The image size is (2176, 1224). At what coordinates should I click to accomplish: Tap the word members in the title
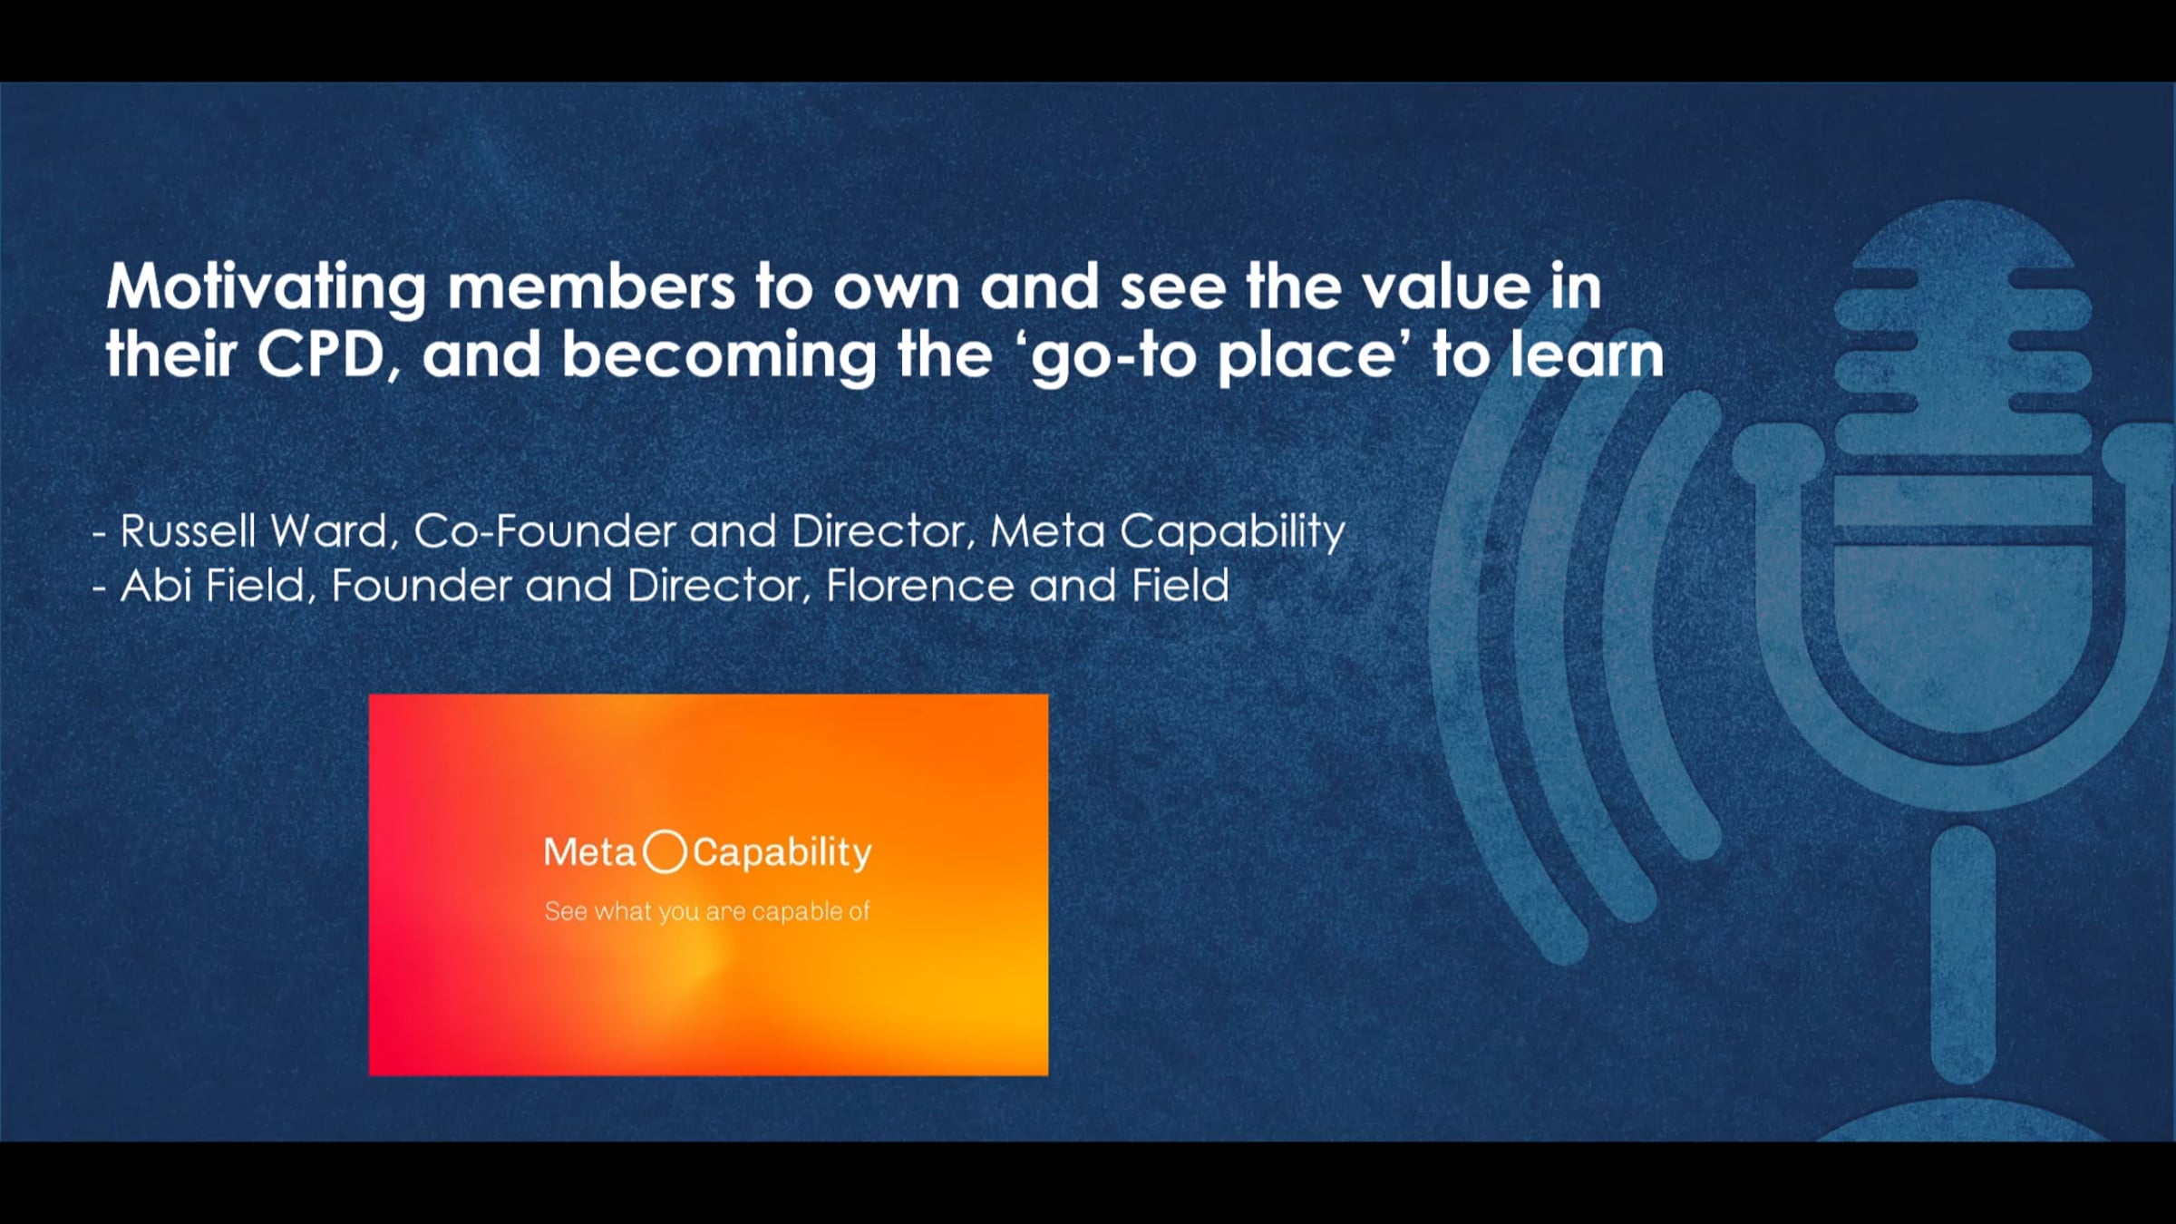tap(590, 287)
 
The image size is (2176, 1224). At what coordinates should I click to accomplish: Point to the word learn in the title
tap(1588, 355)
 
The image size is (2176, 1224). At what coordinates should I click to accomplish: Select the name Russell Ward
tap(254, 531)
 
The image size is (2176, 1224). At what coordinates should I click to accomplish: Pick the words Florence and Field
tap(1027, 586)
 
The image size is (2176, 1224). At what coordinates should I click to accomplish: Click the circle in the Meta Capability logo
tap(665, 852)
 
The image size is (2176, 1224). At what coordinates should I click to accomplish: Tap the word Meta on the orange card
tap(589, 852)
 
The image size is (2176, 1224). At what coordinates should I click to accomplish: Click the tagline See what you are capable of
tap(707, 911)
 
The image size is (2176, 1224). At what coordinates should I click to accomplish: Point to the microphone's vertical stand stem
tap(1963, 952)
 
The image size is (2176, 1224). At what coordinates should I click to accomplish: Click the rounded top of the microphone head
tap(1963, 227)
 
